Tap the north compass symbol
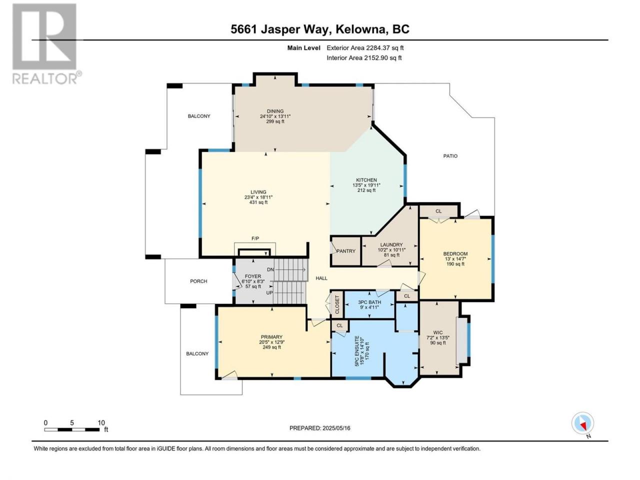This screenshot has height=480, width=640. coord(582,424)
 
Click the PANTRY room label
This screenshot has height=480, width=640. coord(346,251)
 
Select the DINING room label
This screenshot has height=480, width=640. coord(275,111)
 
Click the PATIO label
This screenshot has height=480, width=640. coord(450,156)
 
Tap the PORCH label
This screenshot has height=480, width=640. coord(198,281)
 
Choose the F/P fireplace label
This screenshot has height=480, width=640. coord(255,238)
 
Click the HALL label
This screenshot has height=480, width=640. coord(321,278)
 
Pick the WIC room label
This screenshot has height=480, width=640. coord(438,332)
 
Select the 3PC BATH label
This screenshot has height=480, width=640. coord(369,302)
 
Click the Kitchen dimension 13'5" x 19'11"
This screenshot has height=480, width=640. coord(366,185)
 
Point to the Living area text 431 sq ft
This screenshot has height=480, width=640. coord(258,202)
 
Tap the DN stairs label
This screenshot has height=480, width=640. coord(270,269)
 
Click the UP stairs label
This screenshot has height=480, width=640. coord(269,292)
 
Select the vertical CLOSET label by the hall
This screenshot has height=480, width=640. coord(337,305)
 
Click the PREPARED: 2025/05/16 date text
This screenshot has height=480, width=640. coord(320,428)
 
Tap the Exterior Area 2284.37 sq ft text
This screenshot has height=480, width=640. coord(365,48)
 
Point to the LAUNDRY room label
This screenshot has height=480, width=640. coord(391,245)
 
